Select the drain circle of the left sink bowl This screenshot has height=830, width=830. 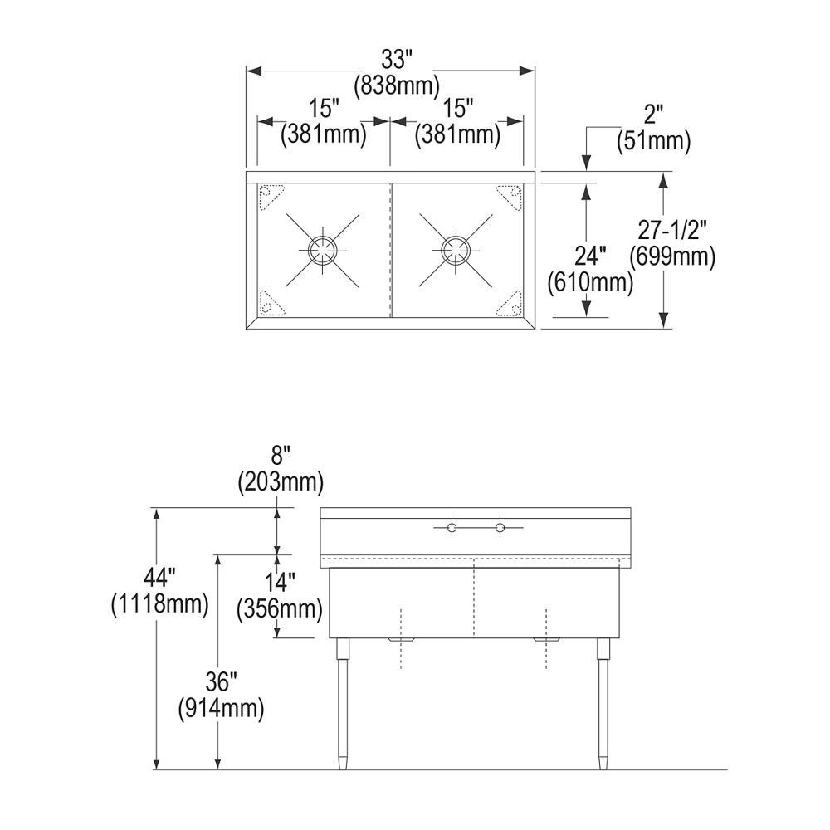pyautogui.click(x=322, y=248)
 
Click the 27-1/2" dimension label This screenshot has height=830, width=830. pyautogui.click(x=671, y=232)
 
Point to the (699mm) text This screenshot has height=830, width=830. pyautogui.click(x=671, y=256)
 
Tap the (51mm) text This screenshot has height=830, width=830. pyautogui.click(x=654, y=141)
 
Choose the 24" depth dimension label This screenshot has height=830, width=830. pyautogui.click(x=592, y=258)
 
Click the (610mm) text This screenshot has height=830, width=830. pyautogui.click(x=591, y=283)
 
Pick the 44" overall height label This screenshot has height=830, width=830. pyautogui.click(x=159, y=578)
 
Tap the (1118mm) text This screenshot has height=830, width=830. pyautogui.click(x=159, y=603)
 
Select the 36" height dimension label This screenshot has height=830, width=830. pyautogui.click(x=222, y=683)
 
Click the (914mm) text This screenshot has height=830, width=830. pyautogui.click(x=222, y=708)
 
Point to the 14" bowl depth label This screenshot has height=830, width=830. pyautogui.click(x=280, y=583)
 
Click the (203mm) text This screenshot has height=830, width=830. pyautogui.click(x=280, y=481)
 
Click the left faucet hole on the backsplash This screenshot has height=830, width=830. pyautogui.click(x=451, y=528)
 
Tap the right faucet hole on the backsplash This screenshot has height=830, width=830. pyautogui.click(x=500, y=528)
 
